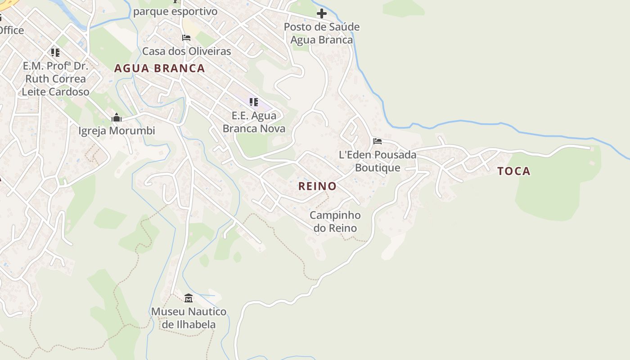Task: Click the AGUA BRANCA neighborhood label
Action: [x=159, y=68]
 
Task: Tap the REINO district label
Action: [x=317, y=186]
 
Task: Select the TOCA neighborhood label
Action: [x=513, y=171]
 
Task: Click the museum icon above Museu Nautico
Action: [x=189, y=298]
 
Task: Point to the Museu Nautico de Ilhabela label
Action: [x=189, y=318]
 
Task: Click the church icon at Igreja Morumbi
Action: [x=117, y=118]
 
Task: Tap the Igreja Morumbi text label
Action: [x=117, y=131]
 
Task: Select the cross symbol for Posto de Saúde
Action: [x=321, y=13]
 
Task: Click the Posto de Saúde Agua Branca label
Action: [x=321, y=33]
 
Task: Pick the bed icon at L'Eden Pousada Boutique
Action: [x=378, y=141]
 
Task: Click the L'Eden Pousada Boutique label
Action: [x=378, y=161]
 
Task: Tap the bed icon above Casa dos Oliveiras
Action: [x=186, y=38]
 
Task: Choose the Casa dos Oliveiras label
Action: [x=186, y=51]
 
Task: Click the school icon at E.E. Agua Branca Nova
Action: [x=254, y=102]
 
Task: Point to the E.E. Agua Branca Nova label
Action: [x=254, y=122]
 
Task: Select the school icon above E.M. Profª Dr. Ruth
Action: [x=55, y=53]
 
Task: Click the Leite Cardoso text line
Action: [x=55, y=92]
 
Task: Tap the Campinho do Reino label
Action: [x=335, y=221]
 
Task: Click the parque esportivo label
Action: [x=175, y=12]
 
